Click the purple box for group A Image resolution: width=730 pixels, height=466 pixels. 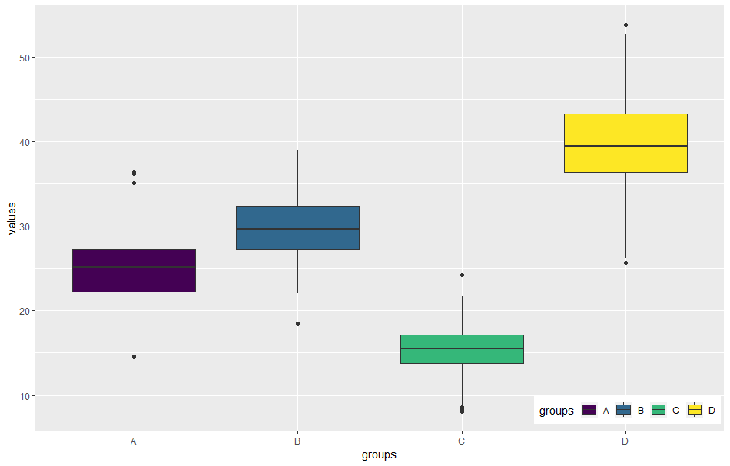click(134, 270)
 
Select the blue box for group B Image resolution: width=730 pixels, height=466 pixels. click(297, 227)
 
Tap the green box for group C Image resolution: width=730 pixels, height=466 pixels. click(462, 349)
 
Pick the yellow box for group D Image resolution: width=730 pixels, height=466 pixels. click(625, 143)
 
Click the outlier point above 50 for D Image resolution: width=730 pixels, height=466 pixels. click(625, 25)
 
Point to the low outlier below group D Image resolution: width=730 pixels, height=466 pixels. click(625, 263)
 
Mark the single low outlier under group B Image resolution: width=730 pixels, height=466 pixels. click(297, 323)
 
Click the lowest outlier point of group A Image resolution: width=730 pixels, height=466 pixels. click(134, 356)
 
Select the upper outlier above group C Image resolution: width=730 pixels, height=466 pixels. click(462, 275)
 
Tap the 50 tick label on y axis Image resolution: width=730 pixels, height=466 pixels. click(25, 58)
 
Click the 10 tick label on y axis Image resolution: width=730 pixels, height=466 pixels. click(25, 395)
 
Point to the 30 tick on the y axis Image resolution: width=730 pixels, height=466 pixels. click(25, 226)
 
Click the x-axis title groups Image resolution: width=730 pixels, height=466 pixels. click(379, 454)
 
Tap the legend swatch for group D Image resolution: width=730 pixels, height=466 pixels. click(695, 410)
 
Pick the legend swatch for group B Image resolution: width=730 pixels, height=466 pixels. click(624, 410)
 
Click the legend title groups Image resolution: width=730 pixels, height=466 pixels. click(556, 411)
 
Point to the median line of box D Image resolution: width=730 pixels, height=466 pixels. click(625, 146)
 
